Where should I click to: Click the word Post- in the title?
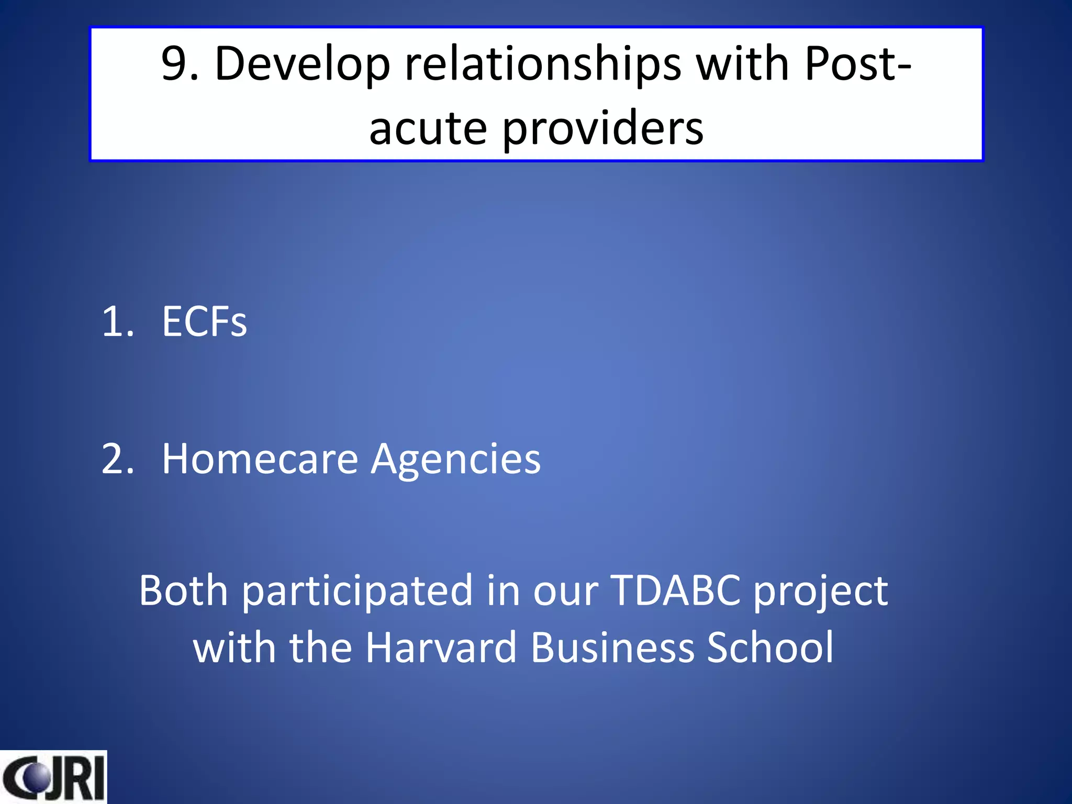pos(858,64)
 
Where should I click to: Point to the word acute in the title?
pos(428,128)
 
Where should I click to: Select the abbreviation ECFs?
pos(204,321)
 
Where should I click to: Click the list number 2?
pos(118,459)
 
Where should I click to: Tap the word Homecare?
pos(260,459)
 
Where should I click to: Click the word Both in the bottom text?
pos(183,590)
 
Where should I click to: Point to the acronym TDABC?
pos(676,590)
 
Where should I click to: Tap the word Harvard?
pos(441,648)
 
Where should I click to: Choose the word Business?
pos(612,648)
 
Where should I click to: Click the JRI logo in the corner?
pos(53,777)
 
